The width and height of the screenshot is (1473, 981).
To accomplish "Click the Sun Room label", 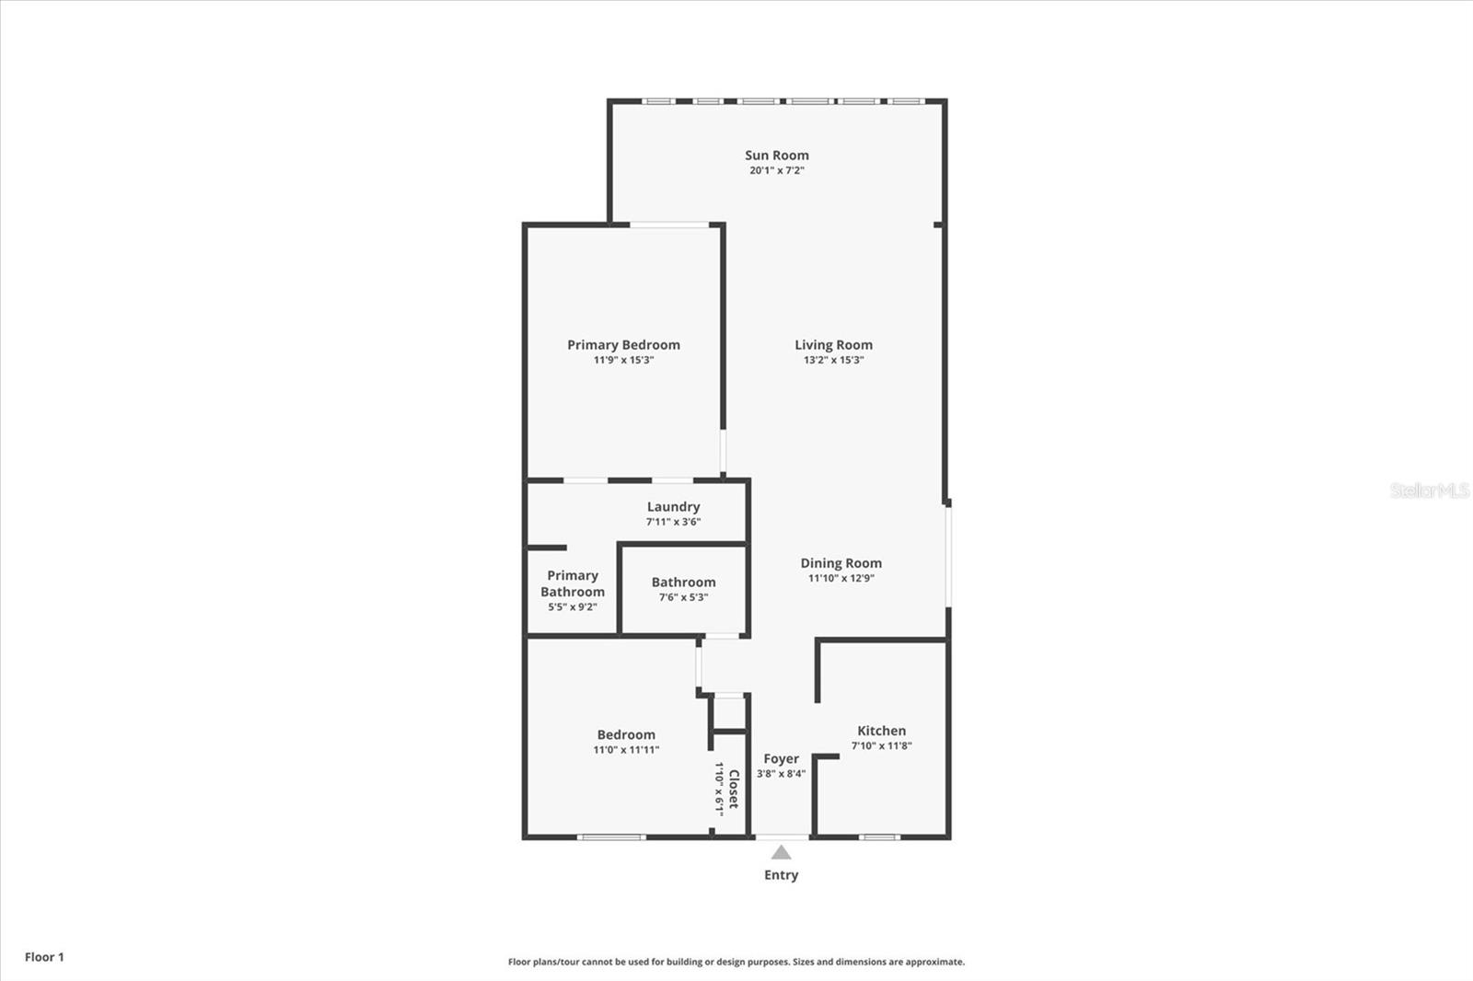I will [x=777, y=156].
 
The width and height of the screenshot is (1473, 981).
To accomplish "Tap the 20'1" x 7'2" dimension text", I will [x=777, y=170].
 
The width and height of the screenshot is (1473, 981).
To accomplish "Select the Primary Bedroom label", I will [x=623, y=345].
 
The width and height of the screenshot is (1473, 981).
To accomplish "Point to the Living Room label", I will [x=833, y=345].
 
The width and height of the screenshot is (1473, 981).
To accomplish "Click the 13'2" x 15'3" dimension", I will [x=833, y=360].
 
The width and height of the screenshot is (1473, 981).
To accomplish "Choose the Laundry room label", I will [x=673, y=507].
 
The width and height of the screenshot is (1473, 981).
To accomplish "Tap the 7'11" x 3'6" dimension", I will [x=673, y=522].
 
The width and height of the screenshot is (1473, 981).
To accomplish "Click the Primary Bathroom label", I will [x=573, y=583].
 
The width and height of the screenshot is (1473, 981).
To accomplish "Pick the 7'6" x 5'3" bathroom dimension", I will [x=683, y=597].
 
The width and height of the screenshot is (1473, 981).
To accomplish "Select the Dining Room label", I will [x=841, y=563].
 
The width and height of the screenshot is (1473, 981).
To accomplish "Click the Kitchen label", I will [x=881, y=731].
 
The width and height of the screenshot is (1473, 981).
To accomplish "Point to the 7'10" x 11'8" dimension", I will [x=881, y=745].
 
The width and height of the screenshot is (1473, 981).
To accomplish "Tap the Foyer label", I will [x=781, y=759].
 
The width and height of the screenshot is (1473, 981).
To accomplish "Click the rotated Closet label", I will [x=734, y=789].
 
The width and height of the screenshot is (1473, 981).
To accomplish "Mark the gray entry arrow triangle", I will [x=781, y=853].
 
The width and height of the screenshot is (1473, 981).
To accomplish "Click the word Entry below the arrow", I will [x=781, y=875].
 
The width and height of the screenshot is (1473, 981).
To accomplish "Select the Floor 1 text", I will [x=44, y=957].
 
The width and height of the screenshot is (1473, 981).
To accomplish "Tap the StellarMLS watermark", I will [x=1429, y=490].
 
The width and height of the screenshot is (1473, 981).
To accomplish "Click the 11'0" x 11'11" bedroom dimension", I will [x=626, y=750].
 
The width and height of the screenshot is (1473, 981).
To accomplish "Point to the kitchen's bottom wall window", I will [x=879, y=837].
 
